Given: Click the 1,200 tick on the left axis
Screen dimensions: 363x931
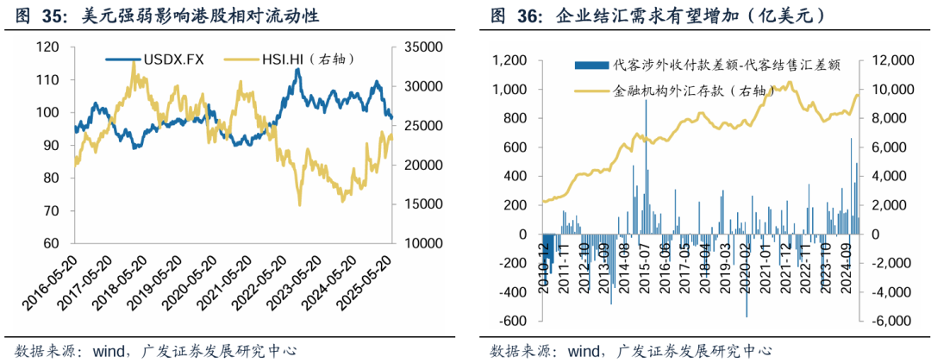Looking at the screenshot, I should [509, 60].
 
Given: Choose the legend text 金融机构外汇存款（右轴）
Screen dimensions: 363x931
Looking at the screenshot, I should [684, 90].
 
